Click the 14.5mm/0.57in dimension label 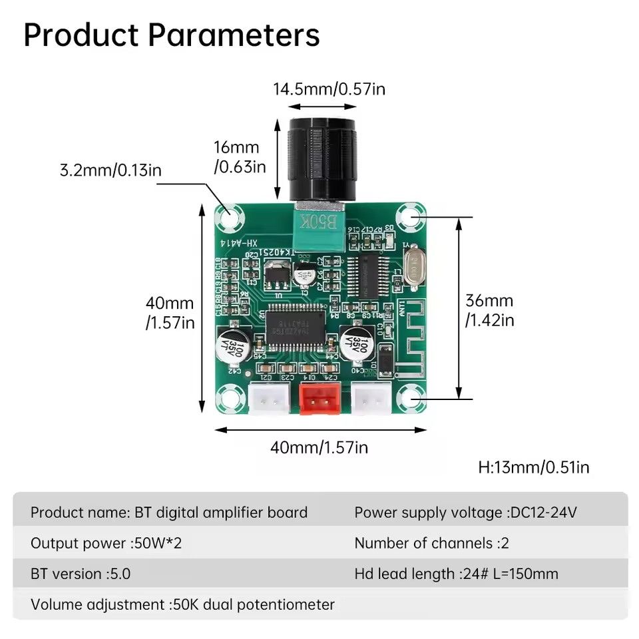click(329, 89)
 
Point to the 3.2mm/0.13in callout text click(110, 170)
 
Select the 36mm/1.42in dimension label click(489, 310)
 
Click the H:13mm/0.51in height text click(534, 467)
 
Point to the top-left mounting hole click(229, 216)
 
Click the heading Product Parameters click(172, 35)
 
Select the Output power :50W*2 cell click(106, 543)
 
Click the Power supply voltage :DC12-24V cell click(465, 513)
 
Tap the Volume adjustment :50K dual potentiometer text click(182, 604)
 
